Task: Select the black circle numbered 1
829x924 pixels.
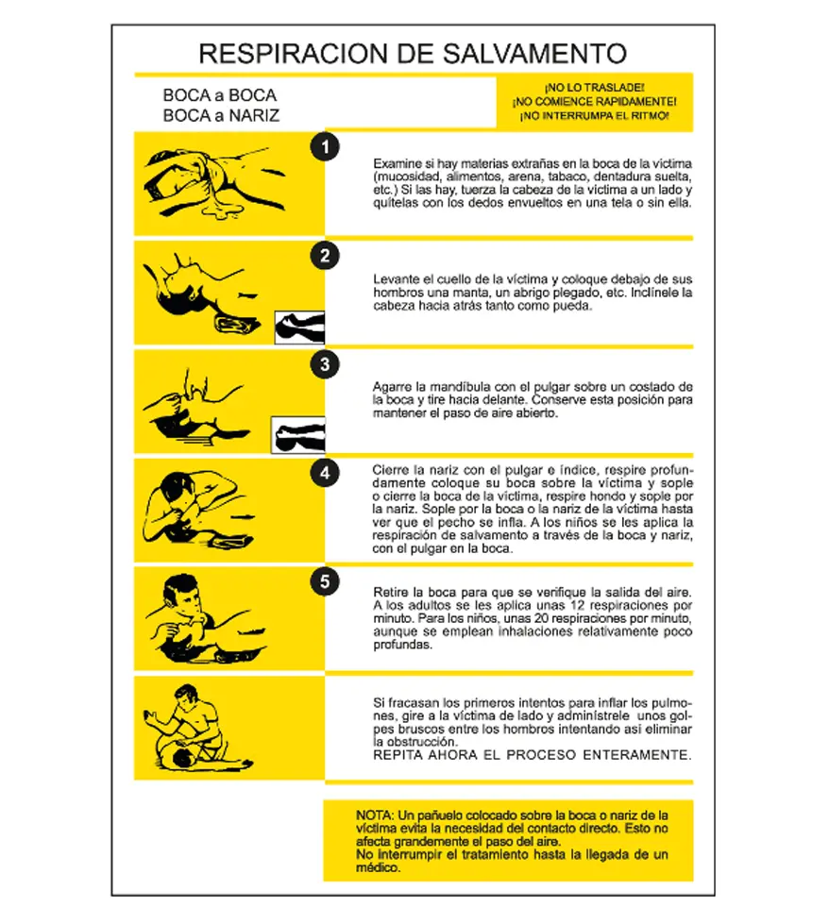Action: (325, 147)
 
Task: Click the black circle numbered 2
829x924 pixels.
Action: (325, 256)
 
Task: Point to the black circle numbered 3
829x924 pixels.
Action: (325, 365)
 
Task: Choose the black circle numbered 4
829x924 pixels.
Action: (325, 474)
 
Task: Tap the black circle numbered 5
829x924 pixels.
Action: (325, 582)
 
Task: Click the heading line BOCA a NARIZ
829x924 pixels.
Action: (220, 116)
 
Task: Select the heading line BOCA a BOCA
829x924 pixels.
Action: (219, 96)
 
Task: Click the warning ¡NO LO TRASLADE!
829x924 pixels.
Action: (594, 87)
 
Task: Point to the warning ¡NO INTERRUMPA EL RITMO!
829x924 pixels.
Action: (594, 115)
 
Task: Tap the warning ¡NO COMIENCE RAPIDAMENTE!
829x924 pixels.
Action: (594, 101)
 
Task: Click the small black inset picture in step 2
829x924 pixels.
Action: (299, 327)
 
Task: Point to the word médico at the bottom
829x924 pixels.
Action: (378, 867)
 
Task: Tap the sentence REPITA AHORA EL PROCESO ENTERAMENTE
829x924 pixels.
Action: (533, 755)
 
